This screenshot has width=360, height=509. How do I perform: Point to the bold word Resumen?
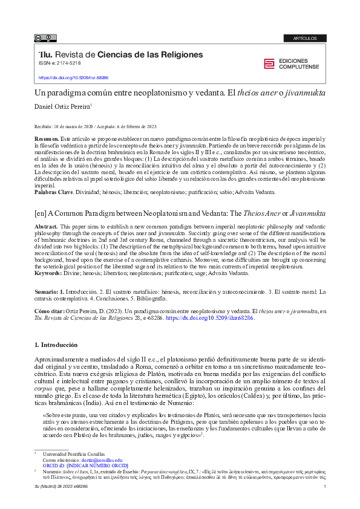(46, 138)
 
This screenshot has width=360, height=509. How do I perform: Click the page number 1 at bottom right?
(325, 487)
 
